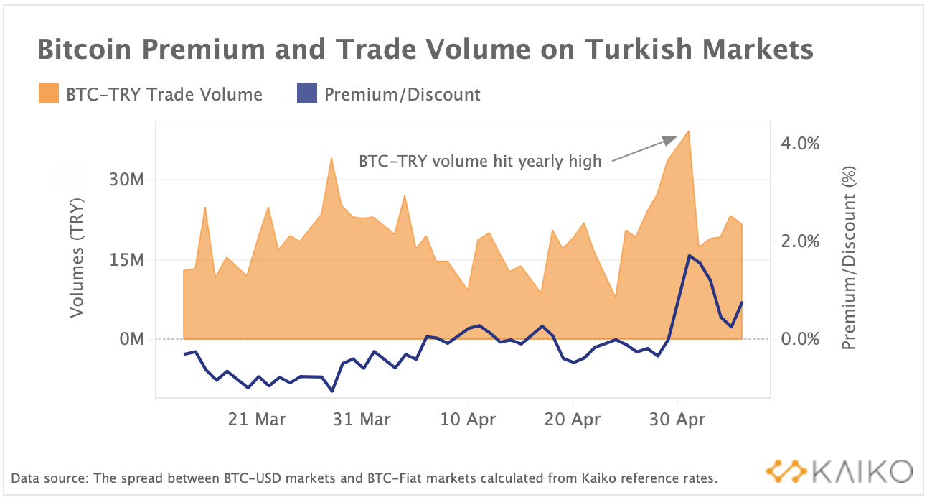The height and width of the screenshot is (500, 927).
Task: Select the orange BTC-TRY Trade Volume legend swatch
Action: (48, 94)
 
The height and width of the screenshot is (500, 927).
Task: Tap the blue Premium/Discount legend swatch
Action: (306, 94)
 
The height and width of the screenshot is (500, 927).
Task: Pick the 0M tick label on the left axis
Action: (131, 339)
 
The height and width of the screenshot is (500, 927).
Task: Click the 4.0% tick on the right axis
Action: (799, 144)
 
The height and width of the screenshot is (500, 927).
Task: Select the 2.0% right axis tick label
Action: (799, 241)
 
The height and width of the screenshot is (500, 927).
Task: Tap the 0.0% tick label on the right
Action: (799, 339)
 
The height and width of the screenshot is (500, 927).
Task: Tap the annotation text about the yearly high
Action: (480, 161)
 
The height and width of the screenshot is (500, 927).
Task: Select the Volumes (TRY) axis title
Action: (77, 256)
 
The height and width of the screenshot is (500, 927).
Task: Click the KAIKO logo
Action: (839, 471)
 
